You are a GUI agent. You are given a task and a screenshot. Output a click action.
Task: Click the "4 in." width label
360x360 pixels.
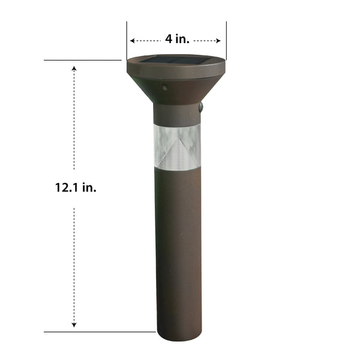coord(177,40)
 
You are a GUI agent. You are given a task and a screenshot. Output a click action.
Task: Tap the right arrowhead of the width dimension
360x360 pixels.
coord(220,41)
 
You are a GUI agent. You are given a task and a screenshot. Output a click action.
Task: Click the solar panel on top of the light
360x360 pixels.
coord(176,60)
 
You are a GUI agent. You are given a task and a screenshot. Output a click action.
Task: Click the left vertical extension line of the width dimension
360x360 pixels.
coord(127,39)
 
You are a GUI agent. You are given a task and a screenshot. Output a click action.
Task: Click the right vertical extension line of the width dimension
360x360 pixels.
coord(226,39)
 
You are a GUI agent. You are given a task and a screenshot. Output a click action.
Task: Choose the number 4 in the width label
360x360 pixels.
coord(169,40)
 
